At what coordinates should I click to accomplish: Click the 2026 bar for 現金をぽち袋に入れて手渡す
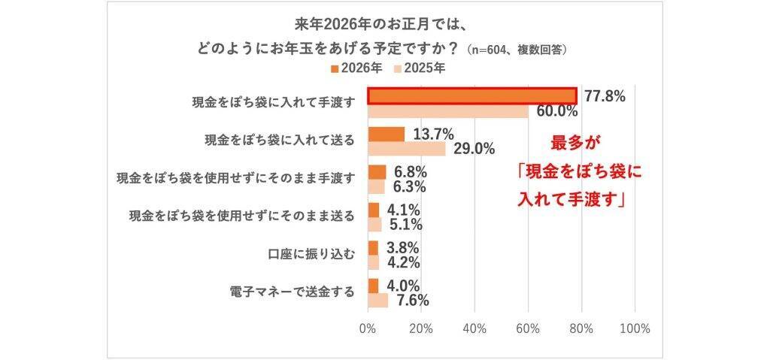[472, 96]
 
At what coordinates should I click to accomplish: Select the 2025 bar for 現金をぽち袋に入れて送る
[407, 149]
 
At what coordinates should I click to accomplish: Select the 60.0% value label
[557, 112]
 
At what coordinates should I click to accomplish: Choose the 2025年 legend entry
[420, 68]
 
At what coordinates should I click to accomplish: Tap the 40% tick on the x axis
[474, 328]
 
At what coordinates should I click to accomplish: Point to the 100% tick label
[635, 328]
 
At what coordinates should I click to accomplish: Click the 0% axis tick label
[368, 328]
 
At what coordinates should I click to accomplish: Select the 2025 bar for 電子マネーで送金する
[378, 301]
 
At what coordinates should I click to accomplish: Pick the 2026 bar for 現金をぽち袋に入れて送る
[386, 135]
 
